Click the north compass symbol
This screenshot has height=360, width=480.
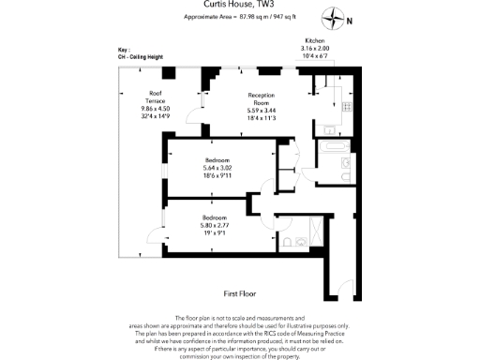tap(336, 16)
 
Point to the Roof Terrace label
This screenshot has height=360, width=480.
tap(157, 96)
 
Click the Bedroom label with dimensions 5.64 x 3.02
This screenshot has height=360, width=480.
tap(216, 160)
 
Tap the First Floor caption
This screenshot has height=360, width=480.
tap(240, 292)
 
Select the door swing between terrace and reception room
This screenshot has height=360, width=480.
tap(194, 114)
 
